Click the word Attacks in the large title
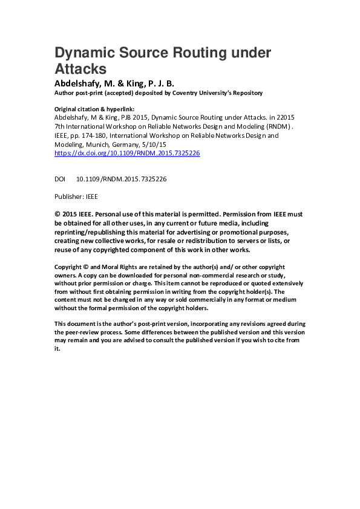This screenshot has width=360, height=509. (80, 68)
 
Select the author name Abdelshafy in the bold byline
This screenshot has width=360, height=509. (79, 83)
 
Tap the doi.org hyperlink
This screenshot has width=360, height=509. (127, 154)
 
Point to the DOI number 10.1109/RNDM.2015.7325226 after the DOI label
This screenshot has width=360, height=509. (121, 180)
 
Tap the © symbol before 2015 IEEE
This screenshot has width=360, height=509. (57, 213)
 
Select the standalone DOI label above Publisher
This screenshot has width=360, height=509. (60, 180)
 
